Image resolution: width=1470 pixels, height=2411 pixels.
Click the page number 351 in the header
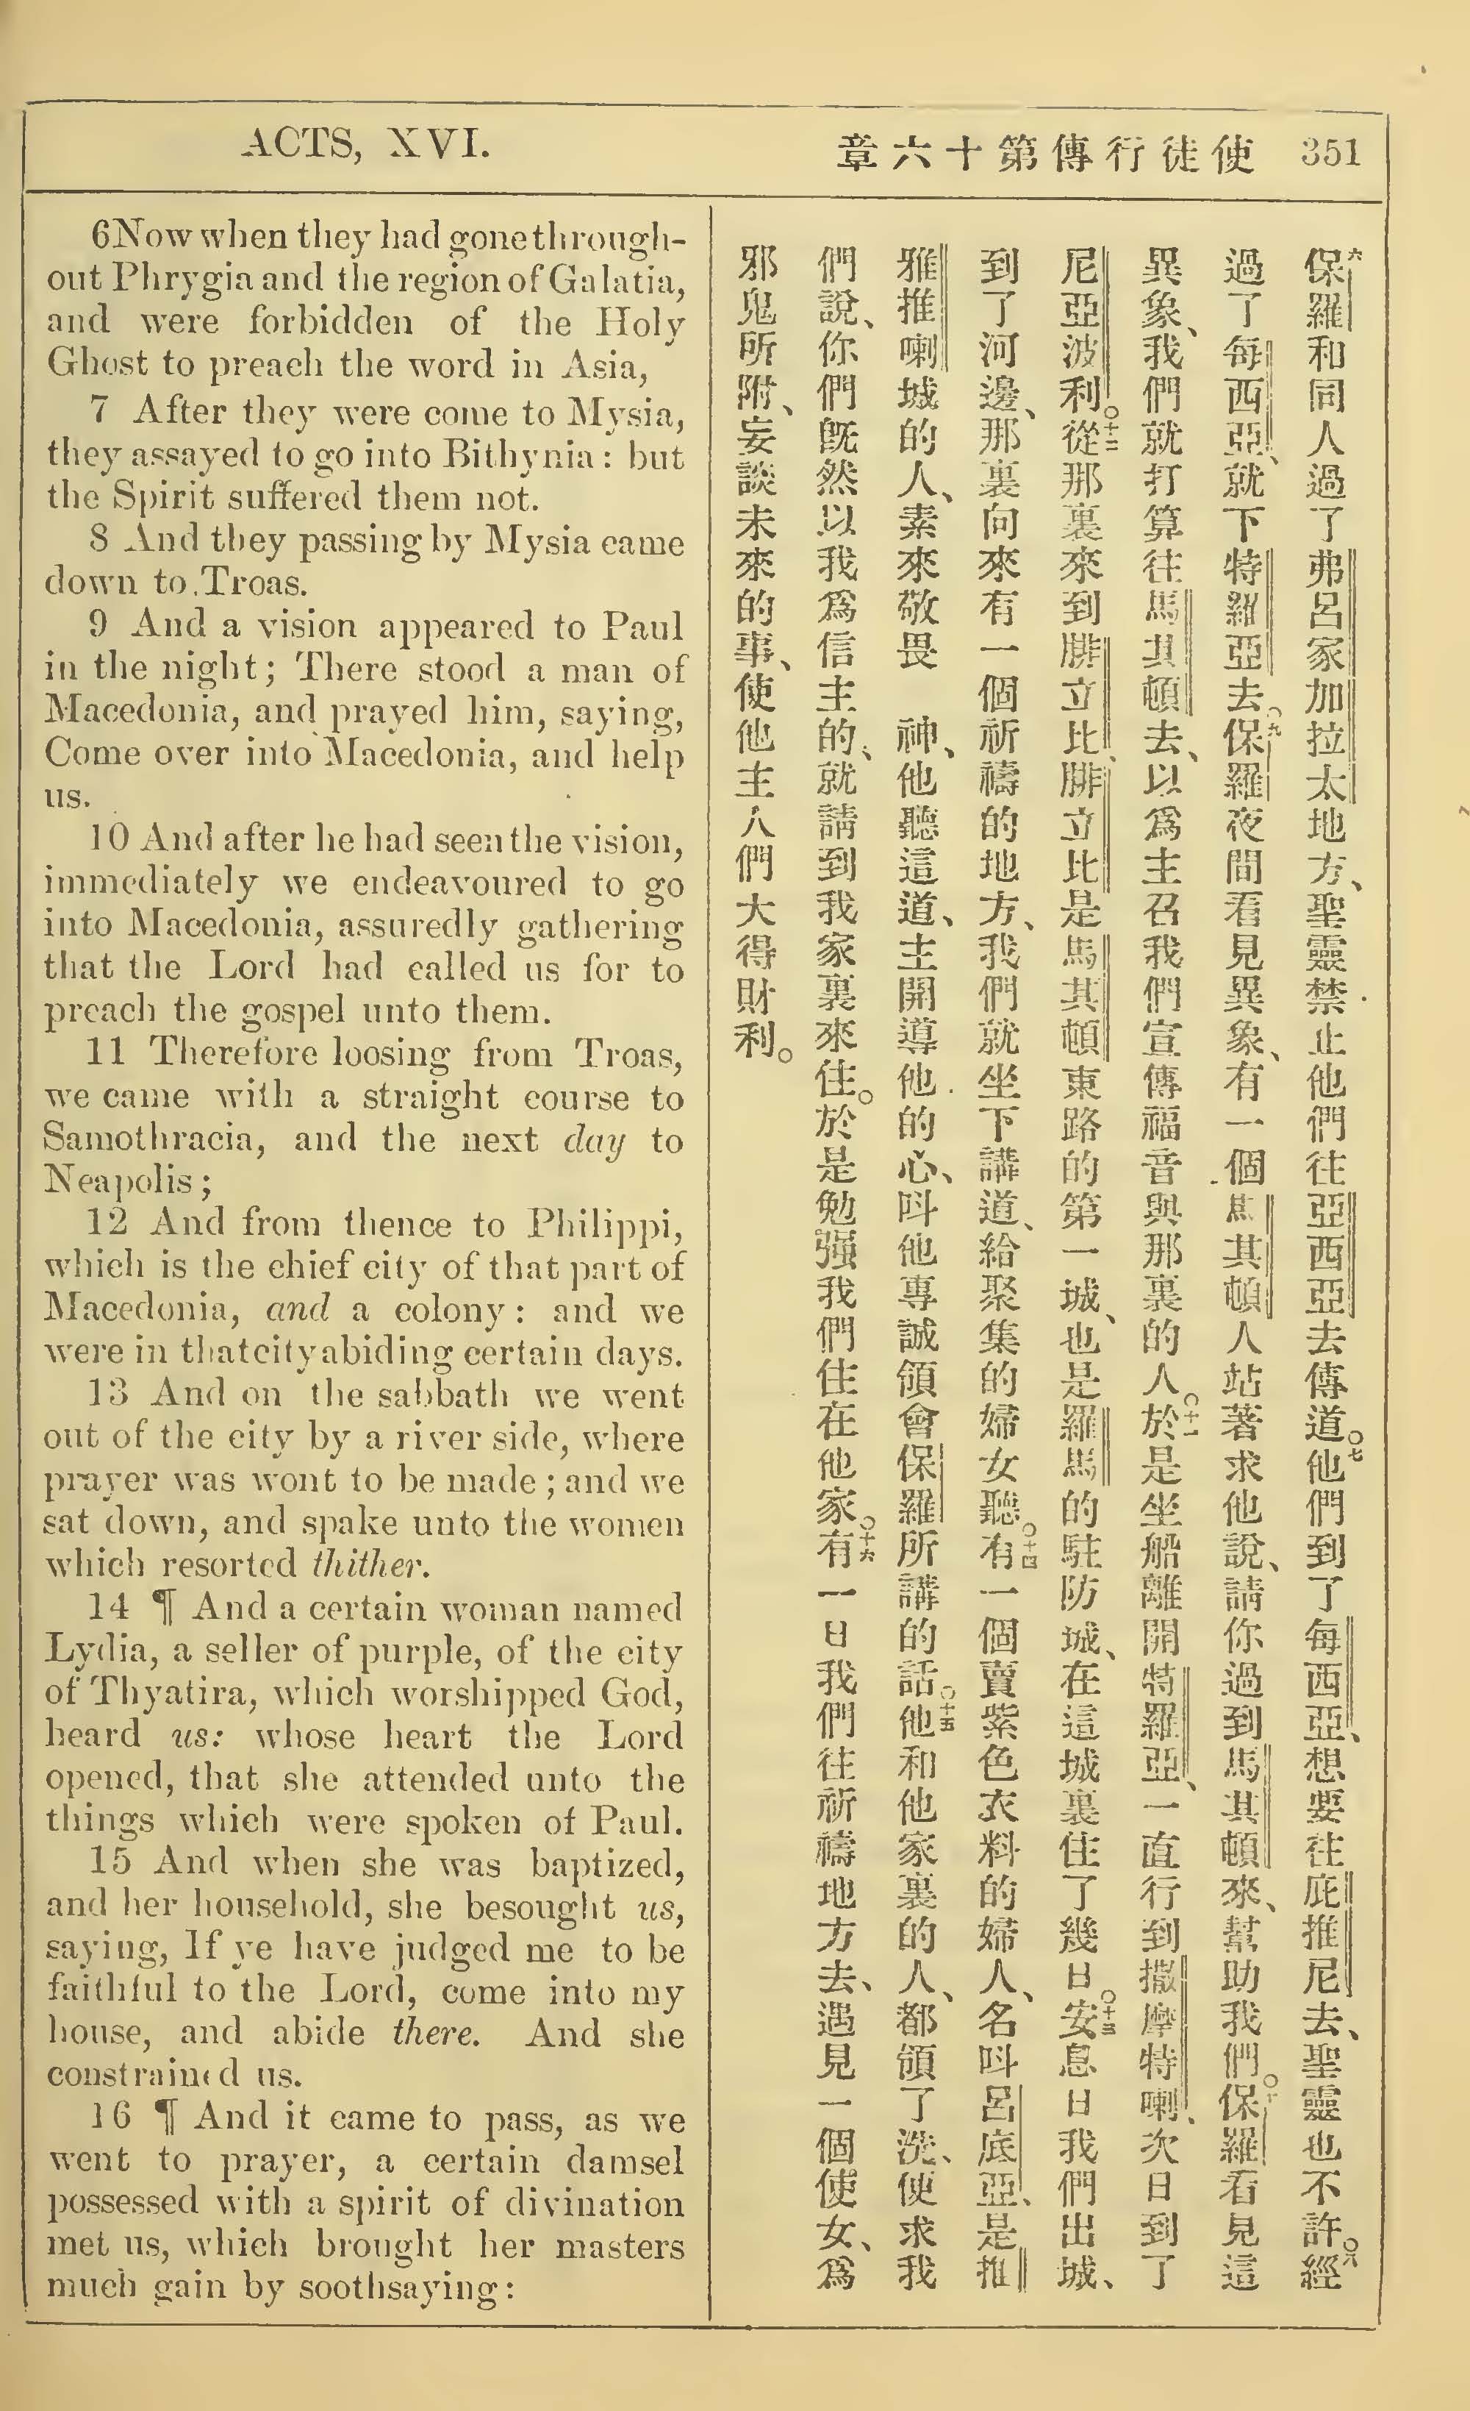1331,154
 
